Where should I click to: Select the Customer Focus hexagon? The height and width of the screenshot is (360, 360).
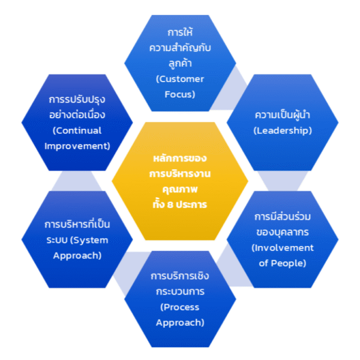click(180, 60)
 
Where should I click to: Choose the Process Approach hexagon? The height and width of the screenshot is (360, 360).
click(180, 300)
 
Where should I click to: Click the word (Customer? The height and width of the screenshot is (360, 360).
click(179, 79)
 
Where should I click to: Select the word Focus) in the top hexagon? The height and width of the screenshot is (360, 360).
click(179, 94)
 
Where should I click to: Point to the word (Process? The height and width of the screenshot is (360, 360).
click(179, 307)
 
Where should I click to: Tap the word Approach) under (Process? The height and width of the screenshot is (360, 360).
click(179, 322)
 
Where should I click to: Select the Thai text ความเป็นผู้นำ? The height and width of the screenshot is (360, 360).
click(281, 115)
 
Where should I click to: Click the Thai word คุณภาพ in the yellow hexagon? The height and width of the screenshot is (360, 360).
click(180, 189)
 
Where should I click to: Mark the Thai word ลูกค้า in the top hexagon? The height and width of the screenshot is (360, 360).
click(180, 62)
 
